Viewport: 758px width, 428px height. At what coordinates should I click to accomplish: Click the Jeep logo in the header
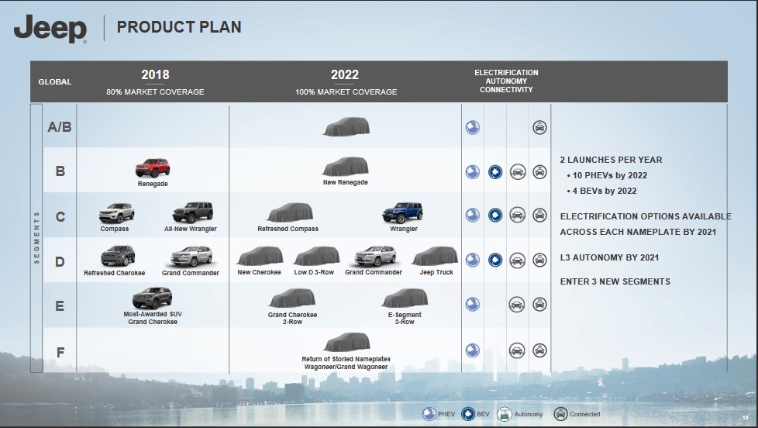(50, 29)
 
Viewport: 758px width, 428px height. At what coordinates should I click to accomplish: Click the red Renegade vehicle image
(153, 167)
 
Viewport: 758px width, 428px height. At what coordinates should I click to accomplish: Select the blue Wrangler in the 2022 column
(403, 212)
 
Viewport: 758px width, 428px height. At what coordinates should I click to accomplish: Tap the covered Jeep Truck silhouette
(435, 256)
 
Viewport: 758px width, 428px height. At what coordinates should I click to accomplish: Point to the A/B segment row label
(60, 126)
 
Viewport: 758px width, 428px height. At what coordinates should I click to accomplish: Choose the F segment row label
(60, 352)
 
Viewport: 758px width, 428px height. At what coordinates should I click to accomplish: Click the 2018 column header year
(155, 74)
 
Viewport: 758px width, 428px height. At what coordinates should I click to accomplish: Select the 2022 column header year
(345, 74)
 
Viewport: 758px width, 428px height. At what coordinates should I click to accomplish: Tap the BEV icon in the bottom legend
(468, 414)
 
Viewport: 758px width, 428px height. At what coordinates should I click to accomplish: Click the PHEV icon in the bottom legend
(429, 414)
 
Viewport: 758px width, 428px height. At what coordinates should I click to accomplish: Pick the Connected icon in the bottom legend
(560, 414)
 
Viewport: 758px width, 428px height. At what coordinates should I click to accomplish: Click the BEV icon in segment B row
(495, 171)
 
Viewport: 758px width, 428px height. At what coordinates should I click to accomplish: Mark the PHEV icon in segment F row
(472, 350)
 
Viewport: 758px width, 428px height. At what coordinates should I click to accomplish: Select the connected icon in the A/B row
(539, 127)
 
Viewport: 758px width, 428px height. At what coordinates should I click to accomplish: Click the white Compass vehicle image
(116, 212)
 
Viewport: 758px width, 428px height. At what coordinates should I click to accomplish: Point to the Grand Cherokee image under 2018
(152, 298)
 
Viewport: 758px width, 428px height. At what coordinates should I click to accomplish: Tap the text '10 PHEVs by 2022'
(610, 175)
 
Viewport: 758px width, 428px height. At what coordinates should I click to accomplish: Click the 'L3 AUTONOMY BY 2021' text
(609, 257)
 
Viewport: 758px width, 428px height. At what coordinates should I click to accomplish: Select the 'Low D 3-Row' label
(314, 272)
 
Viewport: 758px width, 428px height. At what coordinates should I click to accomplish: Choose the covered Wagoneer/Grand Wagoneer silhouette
(347, 343)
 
